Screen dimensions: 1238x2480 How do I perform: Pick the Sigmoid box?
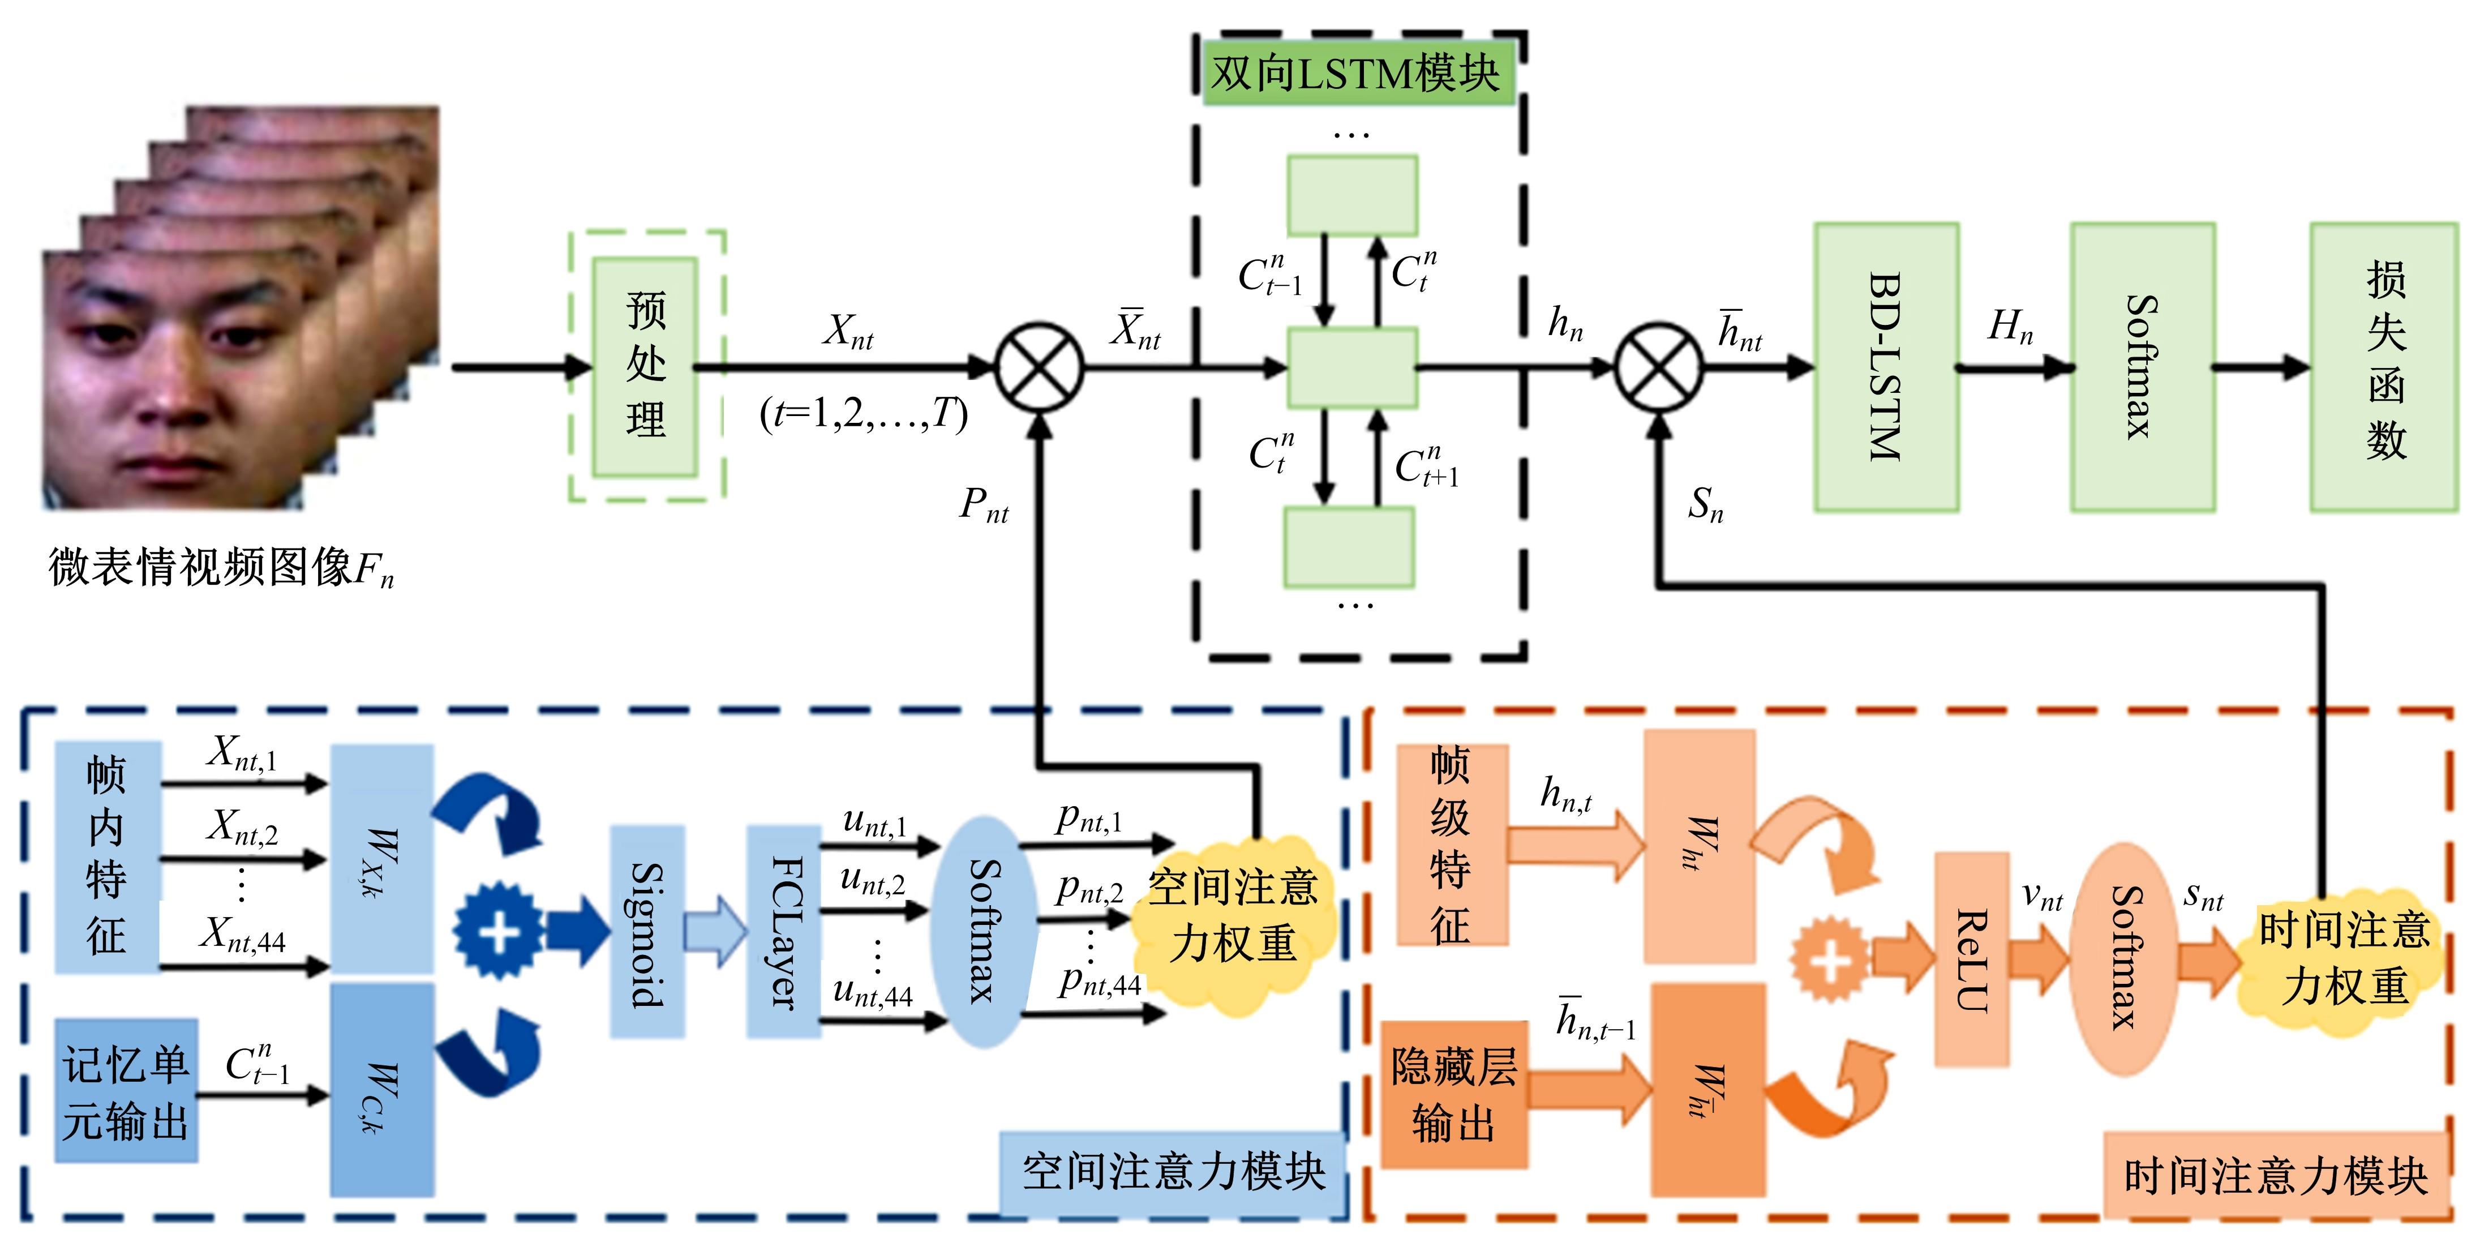click(647, 932)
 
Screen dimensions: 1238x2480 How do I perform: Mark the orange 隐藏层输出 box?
click(1454, 1095)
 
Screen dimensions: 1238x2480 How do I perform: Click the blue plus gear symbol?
click(499, 931)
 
